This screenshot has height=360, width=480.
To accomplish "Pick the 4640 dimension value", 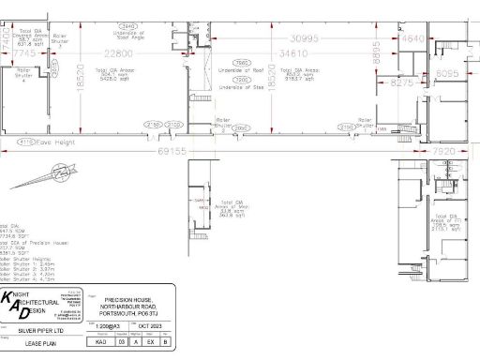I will coord(413,40).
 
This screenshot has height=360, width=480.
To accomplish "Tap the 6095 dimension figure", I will coord(447,71).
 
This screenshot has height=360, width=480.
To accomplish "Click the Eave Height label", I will coord(55,142).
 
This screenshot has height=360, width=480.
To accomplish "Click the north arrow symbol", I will coord(63,174).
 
